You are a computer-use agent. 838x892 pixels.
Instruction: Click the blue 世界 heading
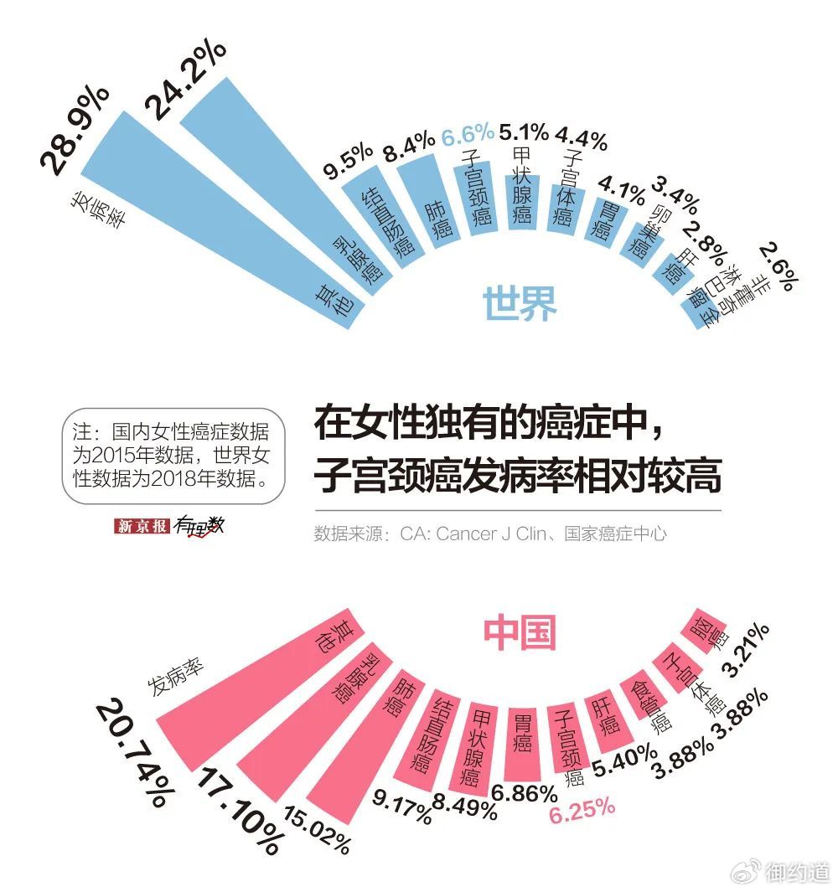click(x=520, y=303)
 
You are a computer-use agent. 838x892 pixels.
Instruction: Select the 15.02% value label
click(x=318, y=829)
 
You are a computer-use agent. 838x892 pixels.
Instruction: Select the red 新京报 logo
click(x=142, y=526)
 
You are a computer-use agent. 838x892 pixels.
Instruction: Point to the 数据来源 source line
click(x=490, y=534)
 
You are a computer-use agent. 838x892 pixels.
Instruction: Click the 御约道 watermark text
click(x=797, y=872)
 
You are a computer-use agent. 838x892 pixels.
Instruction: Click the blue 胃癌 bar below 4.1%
click(x=602, y=219)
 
